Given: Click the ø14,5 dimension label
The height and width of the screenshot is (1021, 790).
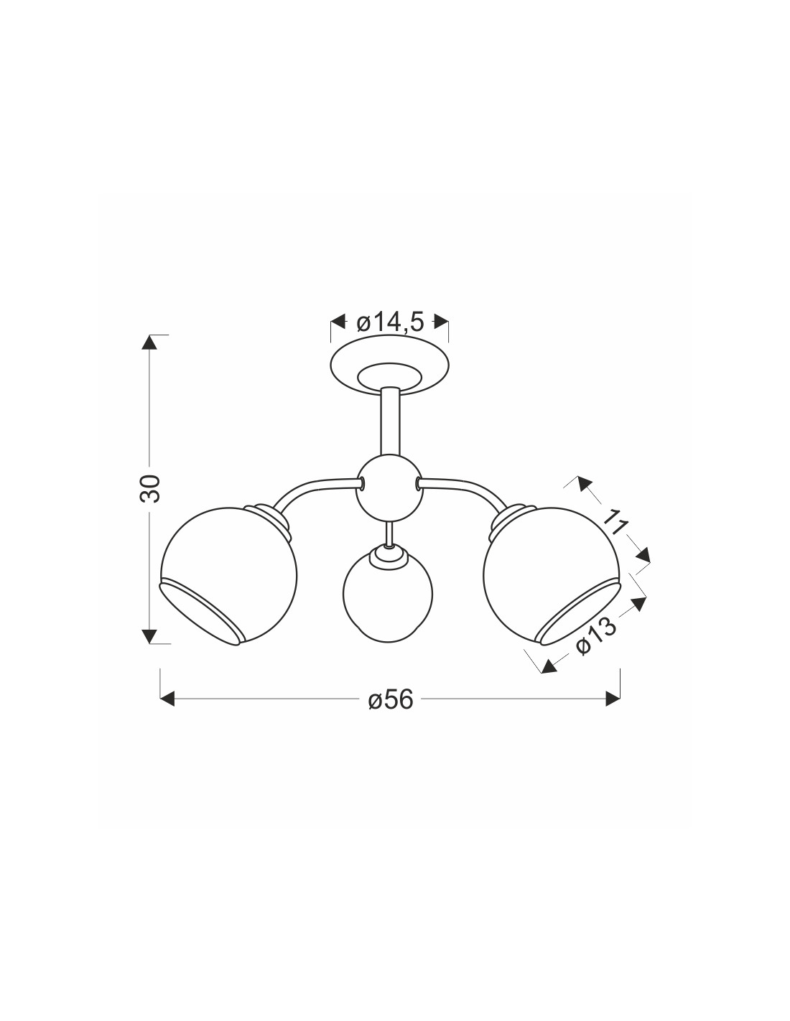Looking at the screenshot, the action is pyautogui.click(x=390, y=323).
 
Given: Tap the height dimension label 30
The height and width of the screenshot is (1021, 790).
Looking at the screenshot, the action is pyautogui.click(x=150, y=489).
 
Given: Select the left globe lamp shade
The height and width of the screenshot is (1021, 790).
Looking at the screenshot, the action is pyautogui.click(x=229, y=576).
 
